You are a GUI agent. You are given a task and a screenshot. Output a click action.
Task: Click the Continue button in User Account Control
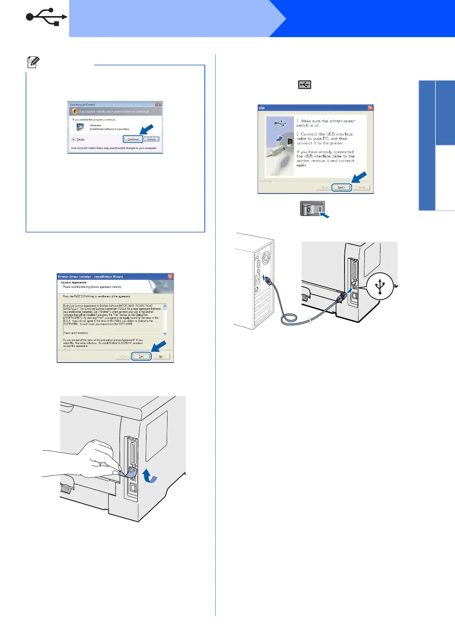[x=133, y=139]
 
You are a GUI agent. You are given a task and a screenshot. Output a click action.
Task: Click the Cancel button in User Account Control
[x=151, y=139]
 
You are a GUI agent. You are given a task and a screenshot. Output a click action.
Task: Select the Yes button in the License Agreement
[x=141, y=356]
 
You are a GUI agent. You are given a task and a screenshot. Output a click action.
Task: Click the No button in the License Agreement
[x=161, y=356]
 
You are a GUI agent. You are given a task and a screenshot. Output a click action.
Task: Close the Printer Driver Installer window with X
[x=171, y=276]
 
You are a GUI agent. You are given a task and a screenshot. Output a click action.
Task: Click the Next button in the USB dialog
[x=341, y=187]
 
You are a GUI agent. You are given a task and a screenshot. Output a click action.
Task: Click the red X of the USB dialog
[x=370, y=108]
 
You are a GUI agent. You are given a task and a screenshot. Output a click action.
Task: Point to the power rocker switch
[x=312, y=208]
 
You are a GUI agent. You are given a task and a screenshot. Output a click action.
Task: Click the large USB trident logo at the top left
[x=46, y=17]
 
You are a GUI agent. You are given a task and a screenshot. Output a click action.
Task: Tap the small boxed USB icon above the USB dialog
[x=305, y=85]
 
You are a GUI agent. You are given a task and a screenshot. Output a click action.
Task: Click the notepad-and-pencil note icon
[x=33, y=62]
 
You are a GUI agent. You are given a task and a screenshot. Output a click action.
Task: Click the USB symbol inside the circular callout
[x=380, y=286]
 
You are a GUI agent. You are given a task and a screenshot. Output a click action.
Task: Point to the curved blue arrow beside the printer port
[x=149, y=476]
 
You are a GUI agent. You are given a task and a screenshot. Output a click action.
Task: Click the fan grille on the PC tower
[x=265, y=259]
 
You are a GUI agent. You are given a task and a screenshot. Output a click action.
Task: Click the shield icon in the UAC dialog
[x=75, y=111]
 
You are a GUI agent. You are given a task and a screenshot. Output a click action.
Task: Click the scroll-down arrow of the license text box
[x=165, y=333]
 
